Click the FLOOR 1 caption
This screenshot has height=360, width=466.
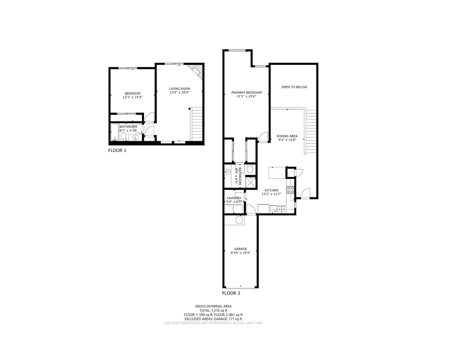tap(117, 150)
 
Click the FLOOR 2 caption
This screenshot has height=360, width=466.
tap(231, 293)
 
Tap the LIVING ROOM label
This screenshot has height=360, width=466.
tap(179, 89)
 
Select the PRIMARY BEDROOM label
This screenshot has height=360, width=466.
tap(246, 93)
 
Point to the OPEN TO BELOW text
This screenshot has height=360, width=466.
tap(294, 87)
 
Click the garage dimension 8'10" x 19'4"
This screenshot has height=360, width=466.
tap(240, 253)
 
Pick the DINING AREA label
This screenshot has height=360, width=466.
tap(287, 136)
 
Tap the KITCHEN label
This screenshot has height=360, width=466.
tap(271, 190)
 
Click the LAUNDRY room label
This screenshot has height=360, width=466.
tap(234, 198)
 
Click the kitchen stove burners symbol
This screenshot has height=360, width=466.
tap(291, 190)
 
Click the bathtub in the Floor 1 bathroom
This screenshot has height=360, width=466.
tap(114, 133)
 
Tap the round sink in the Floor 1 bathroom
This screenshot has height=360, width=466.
tap(136, 137)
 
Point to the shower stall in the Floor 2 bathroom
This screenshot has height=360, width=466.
tap(250, 182)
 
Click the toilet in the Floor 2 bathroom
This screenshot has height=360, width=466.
tap(250, 169)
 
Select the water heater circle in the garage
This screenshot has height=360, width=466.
tap(240, 220)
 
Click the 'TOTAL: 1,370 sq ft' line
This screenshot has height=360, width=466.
tap(213, 310)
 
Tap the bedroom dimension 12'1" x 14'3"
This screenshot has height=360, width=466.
tap(132, 97)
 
